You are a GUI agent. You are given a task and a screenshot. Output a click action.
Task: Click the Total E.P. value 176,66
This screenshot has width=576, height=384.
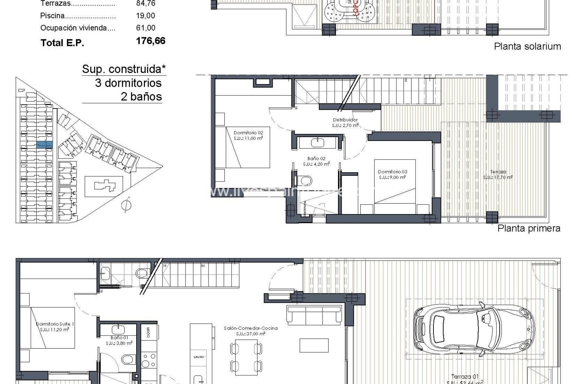click(151, 41)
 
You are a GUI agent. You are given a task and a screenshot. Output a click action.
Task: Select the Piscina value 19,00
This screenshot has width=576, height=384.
click(145, 16)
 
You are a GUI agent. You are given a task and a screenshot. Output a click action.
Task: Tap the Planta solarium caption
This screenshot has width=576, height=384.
click(527, 46)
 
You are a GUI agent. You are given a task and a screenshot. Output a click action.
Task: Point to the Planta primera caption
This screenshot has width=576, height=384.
click(529, 228)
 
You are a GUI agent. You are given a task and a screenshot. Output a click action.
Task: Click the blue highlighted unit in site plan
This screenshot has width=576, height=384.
click(44, 145)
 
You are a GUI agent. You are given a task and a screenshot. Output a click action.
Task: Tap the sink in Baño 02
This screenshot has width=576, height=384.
click(318, 142)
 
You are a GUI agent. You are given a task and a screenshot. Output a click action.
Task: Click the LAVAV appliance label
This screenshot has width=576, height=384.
click(199, 357)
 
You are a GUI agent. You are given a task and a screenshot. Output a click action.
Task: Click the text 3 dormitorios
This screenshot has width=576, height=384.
click(128, 83)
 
